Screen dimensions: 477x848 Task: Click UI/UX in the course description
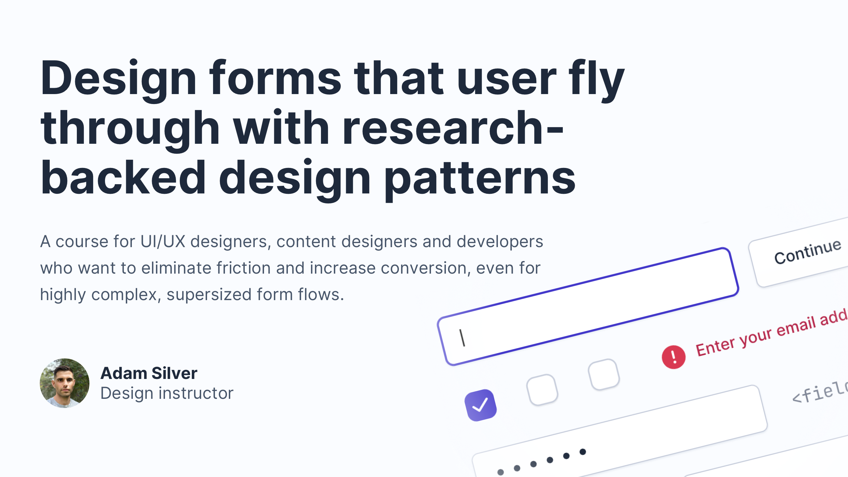[163, 241]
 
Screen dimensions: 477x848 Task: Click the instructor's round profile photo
[65, 383]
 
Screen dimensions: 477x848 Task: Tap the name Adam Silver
[149, 373]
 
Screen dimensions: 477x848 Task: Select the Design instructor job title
[167, 394]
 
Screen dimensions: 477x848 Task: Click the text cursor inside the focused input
[462, 338]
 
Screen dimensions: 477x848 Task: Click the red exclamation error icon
[673, 357]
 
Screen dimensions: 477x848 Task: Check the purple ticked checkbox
[480, 405]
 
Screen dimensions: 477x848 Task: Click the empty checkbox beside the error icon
[604, 375]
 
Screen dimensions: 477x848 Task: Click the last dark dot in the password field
[583, 452]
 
